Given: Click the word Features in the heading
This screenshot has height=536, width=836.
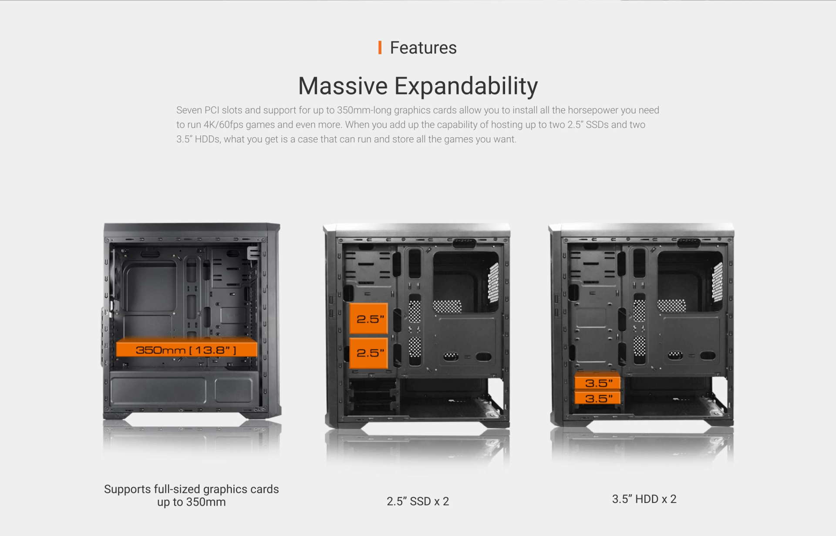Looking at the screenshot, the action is click(x=423, y=47).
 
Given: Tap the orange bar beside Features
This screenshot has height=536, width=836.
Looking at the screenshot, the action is click(x=380, y=47).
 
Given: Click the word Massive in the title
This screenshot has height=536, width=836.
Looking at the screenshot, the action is click(x=343, y=86).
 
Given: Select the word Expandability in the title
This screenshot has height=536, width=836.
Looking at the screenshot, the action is click(x=466, y=87).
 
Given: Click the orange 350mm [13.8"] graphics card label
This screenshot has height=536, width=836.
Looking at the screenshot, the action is click(x=186, y=349).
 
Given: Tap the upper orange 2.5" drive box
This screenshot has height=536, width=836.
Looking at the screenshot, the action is click(x=369, y=319).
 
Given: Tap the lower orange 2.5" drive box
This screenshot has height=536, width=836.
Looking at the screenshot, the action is click(x=369, y=353).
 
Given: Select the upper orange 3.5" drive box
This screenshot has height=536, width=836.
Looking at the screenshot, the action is click(x=597, y=383).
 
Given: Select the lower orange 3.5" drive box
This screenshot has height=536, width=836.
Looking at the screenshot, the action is click(x=597, y=398).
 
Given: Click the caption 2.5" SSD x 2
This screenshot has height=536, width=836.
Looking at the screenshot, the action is click(x=418, y=501).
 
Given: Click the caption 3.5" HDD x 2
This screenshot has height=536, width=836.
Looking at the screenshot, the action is click(x=644, y=499).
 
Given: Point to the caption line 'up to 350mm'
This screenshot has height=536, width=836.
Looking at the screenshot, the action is click(x=192, y=502).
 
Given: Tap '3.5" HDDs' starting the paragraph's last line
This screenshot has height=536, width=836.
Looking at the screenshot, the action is click(x=198, y=139).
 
